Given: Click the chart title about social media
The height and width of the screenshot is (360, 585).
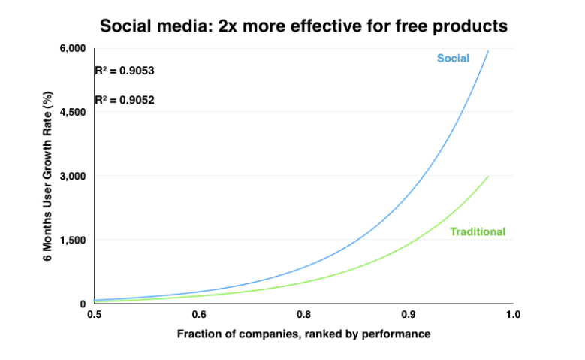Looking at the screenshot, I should [x=303, y=26].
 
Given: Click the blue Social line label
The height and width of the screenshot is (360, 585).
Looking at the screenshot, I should [x=453, y=59].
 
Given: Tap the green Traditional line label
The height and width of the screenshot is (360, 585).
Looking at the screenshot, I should [x=478, y=231].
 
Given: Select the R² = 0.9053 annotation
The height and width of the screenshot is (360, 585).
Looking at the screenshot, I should [x=125, y=71].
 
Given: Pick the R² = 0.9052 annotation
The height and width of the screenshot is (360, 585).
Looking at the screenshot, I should [x=125, y=99].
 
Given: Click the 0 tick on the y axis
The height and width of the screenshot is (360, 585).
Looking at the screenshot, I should [x=84, y=304].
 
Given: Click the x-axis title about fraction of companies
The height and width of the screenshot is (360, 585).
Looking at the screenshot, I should [x=303, y=334].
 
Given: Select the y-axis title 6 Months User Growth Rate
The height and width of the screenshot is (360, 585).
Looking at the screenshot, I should [x=47, y=176].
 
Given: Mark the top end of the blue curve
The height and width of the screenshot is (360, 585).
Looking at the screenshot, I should [x=488, y=51].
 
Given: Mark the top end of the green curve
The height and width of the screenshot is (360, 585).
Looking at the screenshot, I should [x=488, y=177].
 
